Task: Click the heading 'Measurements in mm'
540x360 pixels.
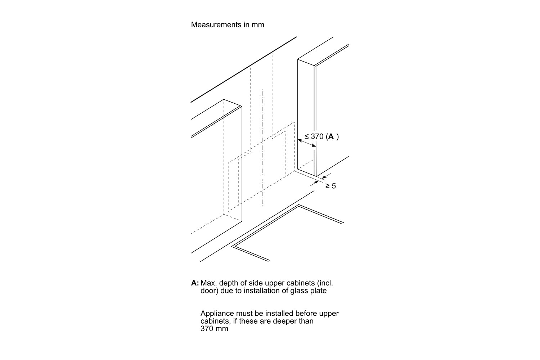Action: click(x=227, y=25)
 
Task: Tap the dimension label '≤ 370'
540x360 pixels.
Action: click(x=314, y=137)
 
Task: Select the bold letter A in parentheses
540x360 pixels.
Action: click(x=331, y=137)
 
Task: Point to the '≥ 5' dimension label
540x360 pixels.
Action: click(x=330, y=186)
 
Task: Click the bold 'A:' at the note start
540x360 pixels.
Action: click(x=195, y=283)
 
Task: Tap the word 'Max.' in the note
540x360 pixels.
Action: click(x=208, y=283)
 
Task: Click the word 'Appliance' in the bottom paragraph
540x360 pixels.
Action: click(x=216, y=314)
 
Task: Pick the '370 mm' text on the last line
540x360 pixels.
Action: click(x=214, y=329)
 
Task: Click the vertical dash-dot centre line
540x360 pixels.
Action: click(x=262, y=148)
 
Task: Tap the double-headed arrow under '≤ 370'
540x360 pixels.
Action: click(x=307, y=143)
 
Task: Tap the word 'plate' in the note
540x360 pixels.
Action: click(x=318, y=291)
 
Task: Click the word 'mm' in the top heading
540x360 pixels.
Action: click(x=258, y=25)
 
